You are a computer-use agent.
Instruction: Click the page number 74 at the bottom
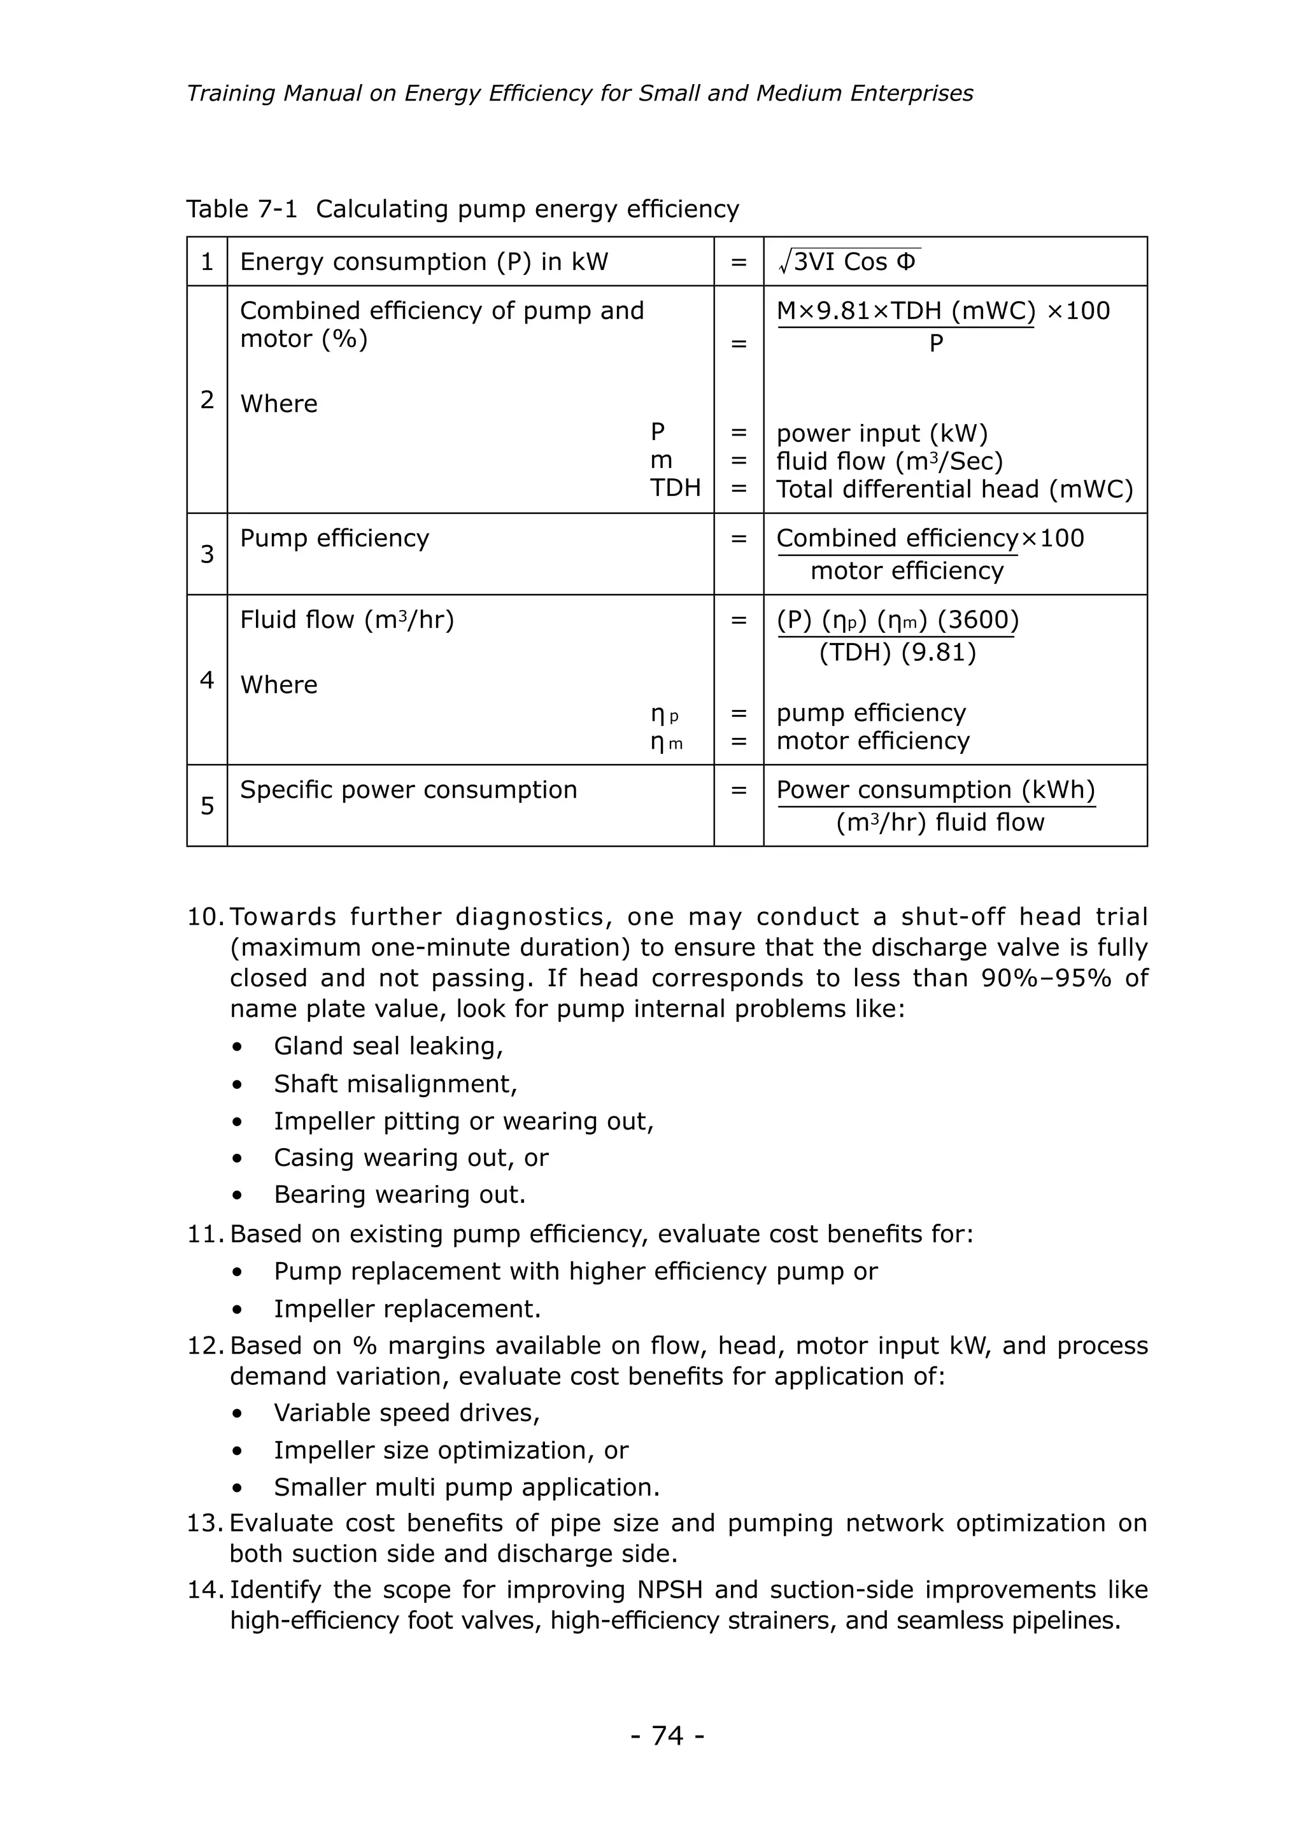(667, 1736)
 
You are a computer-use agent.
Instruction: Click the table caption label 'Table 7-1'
(242, 209)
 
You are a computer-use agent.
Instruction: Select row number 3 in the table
(207, 554)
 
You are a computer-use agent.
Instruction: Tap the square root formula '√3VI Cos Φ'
(849, 262)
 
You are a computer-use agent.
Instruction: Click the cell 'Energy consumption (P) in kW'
(424, 262)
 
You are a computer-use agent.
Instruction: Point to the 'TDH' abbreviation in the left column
(676, 488)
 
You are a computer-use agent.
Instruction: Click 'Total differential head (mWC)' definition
(954, 489)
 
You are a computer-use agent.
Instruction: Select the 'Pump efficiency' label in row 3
(334, 538)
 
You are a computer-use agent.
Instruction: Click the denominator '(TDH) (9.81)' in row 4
(897, 651)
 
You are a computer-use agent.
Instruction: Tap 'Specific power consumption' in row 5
(408, 790)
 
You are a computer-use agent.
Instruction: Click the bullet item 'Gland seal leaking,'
(388, 1046)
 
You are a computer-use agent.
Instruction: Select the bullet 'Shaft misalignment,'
(395, 1084)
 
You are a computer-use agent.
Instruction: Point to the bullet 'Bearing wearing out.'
(399, 1195)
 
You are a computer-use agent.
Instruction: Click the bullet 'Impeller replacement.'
(407, 1309)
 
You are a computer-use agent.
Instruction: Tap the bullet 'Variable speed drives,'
(406, 1413)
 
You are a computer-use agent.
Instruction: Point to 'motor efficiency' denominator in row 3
(907, 571)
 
